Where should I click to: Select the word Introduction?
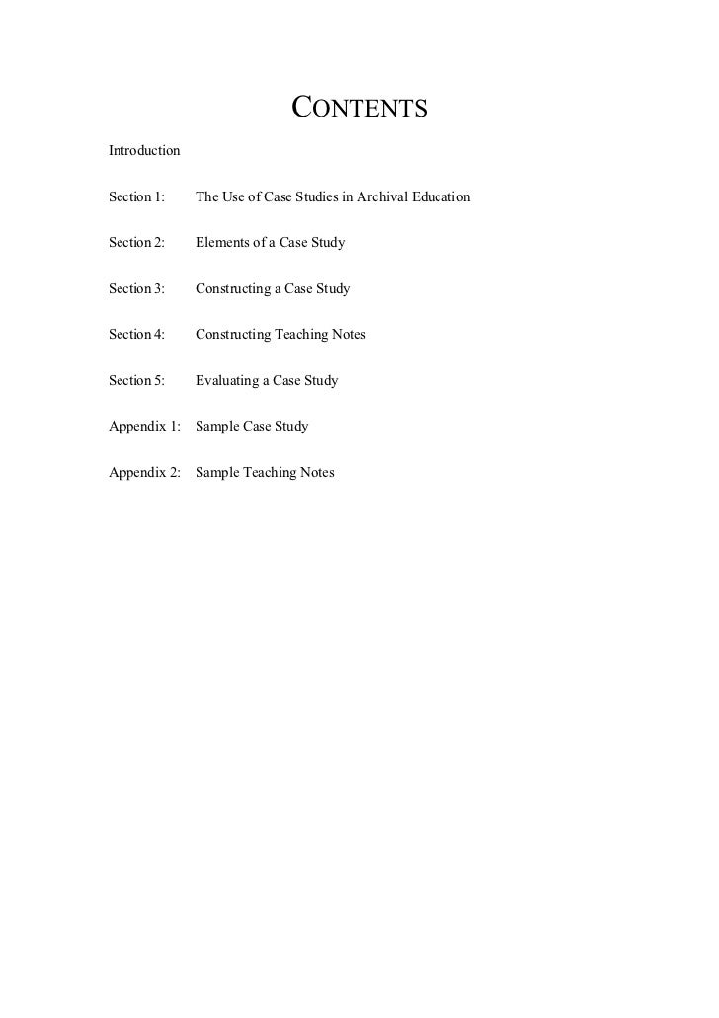pyautogui.click(x=144, y=151)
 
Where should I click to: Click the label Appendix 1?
pyautogui.click(x=145, y=427)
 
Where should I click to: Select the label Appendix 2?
pyautogui.click(x=145, y=472)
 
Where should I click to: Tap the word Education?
pyautogui.click(x=440, y=197)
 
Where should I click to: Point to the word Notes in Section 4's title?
pyautogui.click(x=348, y=335)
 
